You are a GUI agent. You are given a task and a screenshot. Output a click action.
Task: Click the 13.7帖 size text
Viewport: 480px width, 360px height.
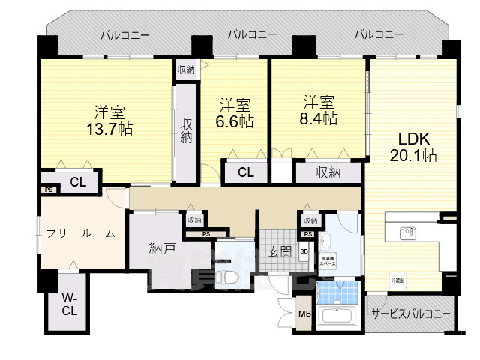pos(109,129)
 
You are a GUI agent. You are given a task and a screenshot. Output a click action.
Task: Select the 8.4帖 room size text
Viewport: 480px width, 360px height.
pos(320,118)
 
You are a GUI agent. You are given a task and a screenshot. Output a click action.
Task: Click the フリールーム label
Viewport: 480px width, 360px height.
pos(80,233)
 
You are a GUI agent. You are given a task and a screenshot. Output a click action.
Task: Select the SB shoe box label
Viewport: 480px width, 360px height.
pos(304,251)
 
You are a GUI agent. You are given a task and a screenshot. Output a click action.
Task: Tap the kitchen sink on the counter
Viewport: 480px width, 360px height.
pos(407,231)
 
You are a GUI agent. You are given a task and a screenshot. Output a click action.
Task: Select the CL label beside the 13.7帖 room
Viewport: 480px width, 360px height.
pos(77,182)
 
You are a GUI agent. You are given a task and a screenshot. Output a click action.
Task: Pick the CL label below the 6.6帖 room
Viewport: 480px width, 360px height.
pos(245,172)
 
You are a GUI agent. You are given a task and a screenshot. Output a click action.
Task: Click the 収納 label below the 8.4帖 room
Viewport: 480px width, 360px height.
pos(328,172)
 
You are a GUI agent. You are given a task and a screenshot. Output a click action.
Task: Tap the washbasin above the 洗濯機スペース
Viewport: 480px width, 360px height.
pos(325,241)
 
